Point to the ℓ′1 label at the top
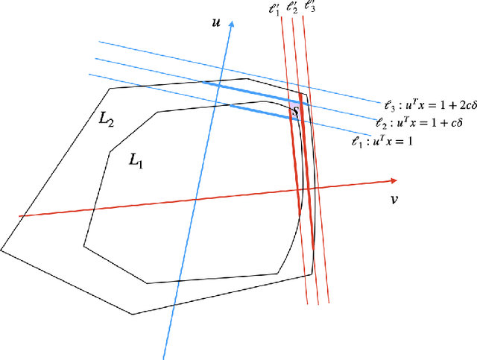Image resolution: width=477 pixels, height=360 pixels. pyautogui.click(x=275, y=10)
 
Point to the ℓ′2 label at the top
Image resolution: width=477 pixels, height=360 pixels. pyautogui.click(x=291, y=10)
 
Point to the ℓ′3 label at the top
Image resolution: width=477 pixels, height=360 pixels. pyautogui.click(x=309, y=10)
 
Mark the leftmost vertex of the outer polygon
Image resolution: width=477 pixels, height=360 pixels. pyautogui.click(x=1, y=249)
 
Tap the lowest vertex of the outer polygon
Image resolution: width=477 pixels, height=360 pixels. pyautogui.click(x=133, y=313)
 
